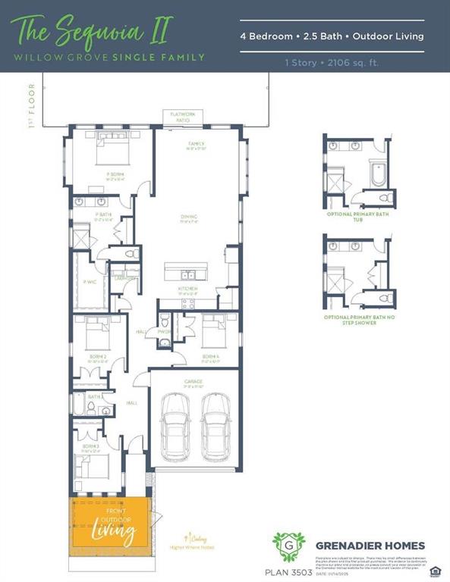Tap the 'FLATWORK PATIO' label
click(x=179, y=117)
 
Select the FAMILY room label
click(x=197, y=145)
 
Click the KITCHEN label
click(x=187, y=289)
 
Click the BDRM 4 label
click(x=212, y=355)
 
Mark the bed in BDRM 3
click(x=95, y=462)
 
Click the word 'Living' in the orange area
click(x=113, y=532)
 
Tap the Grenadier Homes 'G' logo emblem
click(x=288, y=545)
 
